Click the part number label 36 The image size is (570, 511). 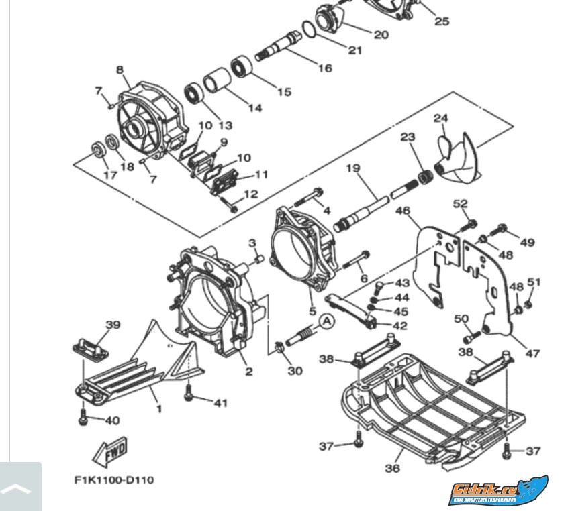(x=393, y=469)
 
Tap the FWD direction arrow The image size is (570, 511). (x=109, y=452)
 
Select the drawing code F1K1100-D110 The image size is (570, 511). (x=113, y=480)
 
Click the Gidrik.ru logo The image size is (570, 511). (x=498, y=492)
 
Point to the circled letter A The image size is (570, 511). (x=326, y=322)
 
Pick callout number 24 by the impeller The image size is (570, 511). (x=440, y=119)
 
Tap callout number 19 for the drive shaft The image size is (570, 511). (x=353, y=168)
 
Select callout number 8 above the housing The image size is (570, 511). (x=120, y=70)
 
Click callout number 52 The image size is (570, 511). (x=460, y=204)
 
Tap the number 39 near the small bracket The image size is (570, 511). (x=113, y=325)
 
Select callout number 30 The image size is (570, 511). (x=295, y=370)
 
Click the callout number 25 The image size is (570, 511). (x=441, y=21)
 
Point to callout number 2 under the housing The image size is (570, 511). (x=248, y=372)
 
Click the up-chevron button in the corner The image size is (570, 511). (x=21, y=488)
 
